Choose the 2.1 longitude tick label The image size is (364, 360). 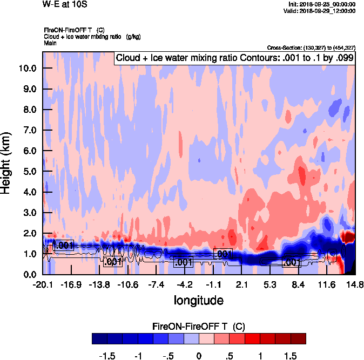pos(241,284)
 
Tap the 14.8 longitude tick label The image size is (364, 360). pos(354,284)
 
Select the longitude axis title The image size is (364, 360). pos(198,300)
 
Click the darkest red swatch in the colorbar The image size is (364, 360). pos(298,339)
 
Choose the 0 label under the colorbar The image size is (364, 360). pos(199,356)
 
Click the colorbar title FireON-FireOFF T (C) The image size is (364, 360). pos(199,327)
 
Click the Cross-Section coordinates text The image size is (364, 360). pos(311,48)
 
